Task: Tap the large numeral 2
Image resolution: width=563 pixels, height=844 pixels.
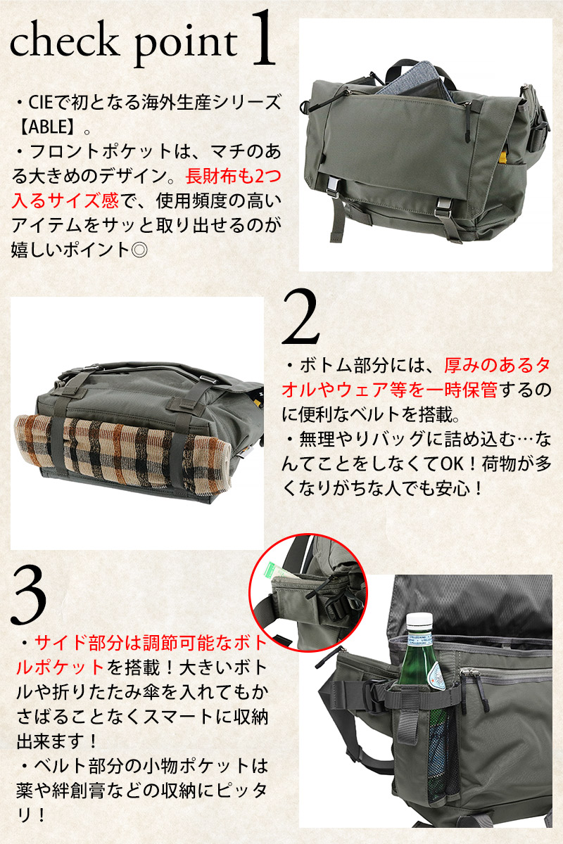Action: click(x=301, y=316)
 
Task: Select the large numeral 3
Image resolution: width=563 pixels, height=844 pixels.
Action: click(x=29, y=595)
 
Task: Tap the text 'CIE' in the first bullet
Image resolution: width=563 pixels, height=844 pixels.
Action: click(x=41, y=103)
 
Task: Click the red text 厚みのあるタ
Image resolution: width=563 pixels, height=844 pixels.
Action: click(x=498, y=365)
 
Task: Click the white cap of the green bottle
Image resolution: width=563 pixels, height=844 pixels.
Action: click(x=419, y=623)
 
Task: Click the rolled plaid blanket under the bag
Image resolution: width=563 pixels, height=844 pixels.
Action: click(x=123, y=452)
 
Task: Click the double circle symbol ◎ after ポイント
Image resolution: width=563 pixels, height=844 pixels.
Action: click(x=139, y=250)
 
